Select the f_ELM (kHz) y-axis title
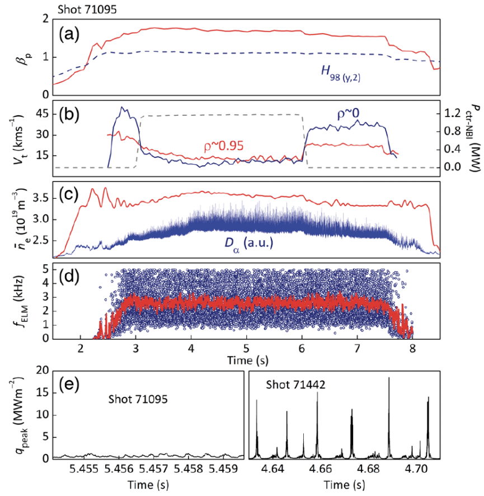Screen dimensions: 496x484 pos(22,301)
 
